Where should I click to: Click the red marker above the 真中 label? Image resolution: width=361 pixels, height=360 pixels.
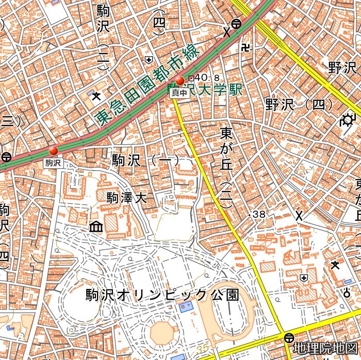tap(180, 80)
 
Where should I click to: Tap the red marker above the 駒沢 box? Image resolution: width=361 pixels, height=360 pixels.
tap(54, 150)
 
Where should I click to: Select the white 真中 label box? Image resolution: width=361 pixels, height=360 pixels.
tap(179, 93)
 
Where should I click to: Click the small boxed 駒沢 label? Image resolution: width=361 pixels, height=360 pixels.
tap(53, 163)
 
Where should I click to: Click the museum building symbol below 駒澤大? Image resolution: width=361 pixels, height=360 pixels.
tap(96, 226)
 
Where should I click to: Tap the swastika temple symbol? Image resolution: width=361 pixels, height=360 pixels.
tap(244, 48)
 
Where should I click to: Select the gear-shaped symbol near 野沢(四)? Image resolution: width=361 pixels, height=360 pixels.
tap(347, 121)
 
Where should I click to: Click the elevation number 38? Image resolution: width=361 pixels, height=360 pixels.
tap(259, 214)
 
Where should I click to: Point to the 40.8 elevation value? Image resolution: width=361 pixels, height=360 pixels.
tap(201, 78)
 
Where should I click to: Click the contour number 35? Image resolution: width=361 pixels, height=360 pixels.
tap(202, 349)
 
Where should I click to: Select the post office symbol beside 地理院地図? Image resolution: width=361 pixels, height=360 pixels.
tap(289, 338)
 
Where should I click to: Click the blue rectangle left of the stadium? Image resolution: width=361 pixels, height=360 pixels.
tap(185, 307)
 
